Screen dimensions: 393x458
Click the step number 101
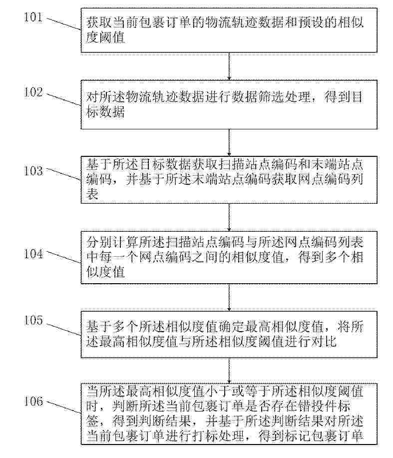pyautogui.click(x=33, y=17)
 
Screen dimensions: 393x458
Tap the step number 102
pyautogui.click(x=33, y=92)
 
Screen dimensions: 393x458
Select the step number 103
pyautogui.click(x=33, y=171)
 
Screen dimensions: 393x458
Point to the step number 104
pyautogui.click(x=33, y=254)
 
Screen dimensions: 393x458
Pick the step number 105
pyautogui.click(x=33, y=321)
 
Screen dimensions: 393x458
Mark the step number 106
pyautogui.click(x=33, y=401)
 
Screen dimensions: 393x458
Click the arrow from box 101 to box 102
pyautogui.click(x=229, y=66)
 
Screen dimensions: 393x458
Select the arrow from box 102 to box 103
pyautogui.click(x=229, y=142)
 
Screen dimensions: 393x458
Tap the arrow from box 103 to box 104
pyautogui.click(x=229, y=217)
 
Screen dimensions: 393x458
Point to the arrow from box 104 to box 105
pyautogui.click(x=229, y=297)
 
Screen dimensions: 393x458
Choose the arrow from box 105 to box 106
pyautogui.click(x=229, y=371)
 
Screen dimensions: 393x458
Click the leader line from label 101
pyautogui.click(x=63, y=24)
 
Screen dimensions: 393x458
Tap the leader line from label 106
pyautogui.click(x=63, y=407)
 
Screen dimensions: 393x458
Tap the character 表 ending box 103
pyautogui.click(x=92, y=194)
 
